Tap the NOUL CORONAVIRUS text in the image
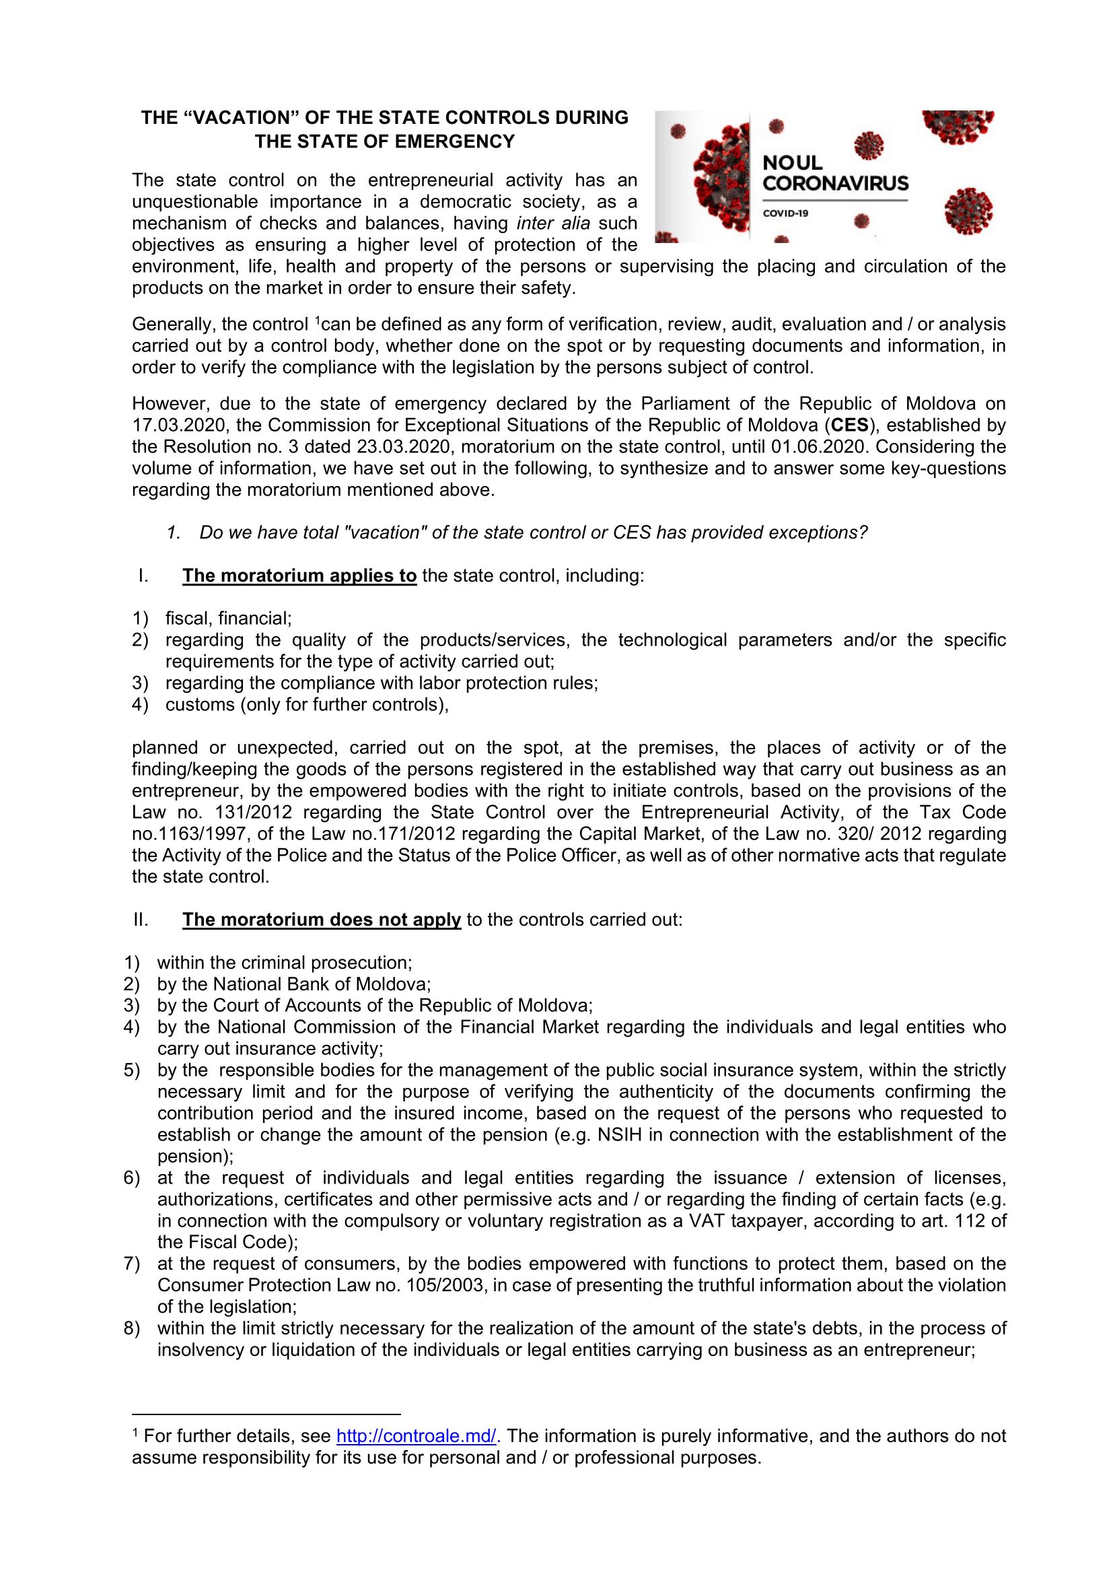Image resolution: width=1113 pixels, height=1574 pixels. [x=834, y=174]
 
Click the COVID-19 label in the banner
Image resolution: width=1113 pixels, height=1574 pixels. [x=785, y=213]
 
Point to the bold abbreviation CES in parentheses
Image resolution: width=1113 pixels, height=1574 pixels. [x=850, y=425]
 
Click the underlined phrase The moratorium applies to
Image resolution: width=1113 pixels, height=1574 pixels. [x=299, y=576]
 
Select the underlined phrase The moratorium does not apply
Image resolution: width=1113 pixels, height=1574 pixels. [x=322, y=920]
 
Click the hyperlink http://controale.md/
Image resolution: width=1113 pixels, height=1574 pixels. [x=416, y=1436]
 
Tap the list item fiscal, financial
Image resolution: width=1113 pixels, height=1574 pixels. [x=228, y=618]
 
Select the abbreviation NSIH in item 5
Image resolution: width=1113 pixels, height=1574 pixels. [x=620, y=1134]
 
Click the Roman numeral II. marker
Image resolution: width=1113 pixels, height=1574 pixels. [x=141, y=920]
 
